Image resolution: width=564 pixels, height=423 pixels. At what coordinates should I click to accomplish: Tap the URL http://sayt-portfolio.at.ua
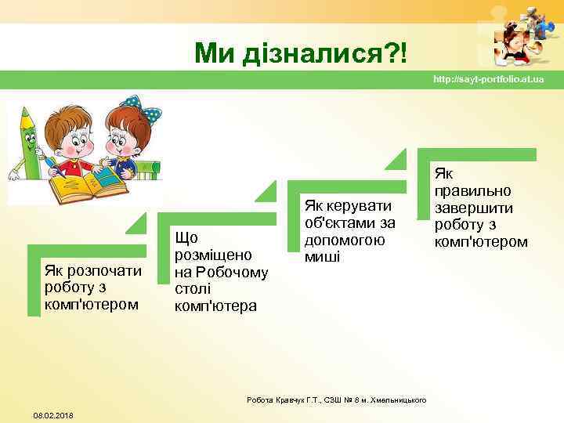coord(488,81)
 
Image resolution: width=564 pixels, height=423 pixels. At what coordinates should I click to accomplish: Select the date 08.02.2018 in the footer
coord(53,414)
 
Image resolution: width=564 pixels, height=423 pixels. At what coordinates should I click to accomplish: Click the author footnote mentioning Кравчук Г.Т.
coord(336,399)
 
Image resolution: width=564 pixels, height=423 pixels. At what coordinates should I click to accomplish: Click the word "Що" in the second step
coord(186,237)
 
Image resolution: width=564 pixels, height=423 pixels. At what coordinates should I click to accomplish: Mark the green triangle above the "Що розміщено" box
coord(266,192)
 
